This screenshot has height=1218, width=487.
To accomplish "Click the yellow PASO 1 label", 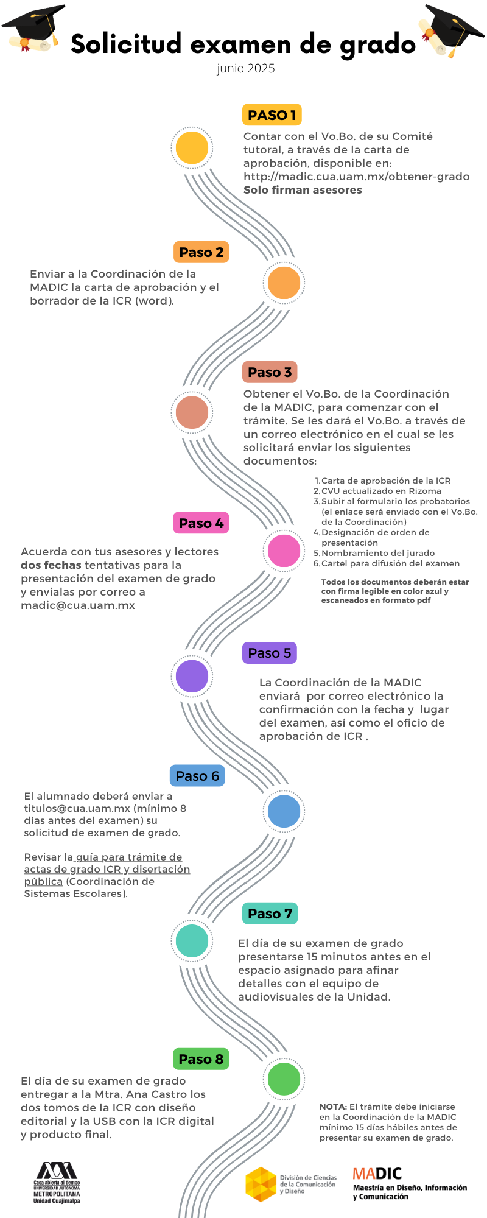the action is pyautogui.click(x=272, y=114).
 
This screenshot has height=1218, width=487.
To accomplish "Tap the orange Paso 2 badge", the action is pyautogui.click(x=201, y=252).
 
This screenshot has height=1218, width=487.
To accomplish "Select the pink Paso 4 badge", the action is pyautogui.click(x=201, y=523).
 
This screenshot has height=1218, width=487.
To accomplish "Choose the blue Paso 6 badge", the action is pyautogui.click(x=197, y=776).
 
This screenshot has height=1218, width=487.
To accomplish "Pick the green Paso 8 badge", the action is pyautogui.click(x=201, y=1059).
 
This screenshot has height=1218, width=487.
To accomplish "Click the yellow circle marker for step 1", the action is pyautogui.click(x=192, y=147).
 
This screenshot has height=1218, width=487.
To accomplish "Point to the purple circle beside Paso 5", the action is pyautogui.click(x=192, y=676).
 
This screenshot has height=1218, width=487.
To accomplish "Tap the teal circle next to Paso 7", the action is pyautogui.click(x=192, y=940).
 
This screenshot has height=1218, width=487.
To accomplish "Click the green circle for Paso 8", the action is pyautogui.click(x=284, y=1079).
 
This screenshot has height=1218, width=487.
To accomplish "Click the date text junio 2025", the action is pyautogui.click(x=246, y=69).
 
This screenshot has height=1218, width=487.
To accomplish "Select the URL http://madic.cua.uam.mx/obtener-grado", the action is pyautogui.click(x=357, y=177).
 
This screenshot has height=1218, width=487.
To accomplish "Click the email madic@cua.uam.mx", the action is pyautogui.click(x=78, y=605).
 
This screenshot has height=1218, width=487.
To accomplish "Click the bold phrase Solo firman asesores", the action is pyautogui.click(x=303, y=190).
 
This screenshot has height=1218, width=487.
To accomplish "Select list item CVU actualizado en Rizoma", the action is pyautogui.click(x=381, y=491).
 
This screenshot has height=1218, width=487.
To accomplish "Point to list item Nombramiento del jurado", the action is pyautogui.click(x=378, y=553).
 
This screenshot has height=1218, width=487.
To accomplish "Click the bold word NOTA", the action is pyautogui.click(x=333, y=1107).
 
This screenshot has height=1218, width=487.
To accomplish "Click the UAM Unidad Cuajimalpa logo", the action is pyautogui.click(x=57, y=1183).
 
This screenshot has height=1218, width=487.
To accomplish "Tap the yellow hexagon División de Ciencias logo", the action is pyautogui.click(x=261, y=1185).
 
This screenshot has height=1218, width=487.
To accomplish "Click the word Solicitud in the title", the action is pyautogui.click(x=126, y=44).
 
